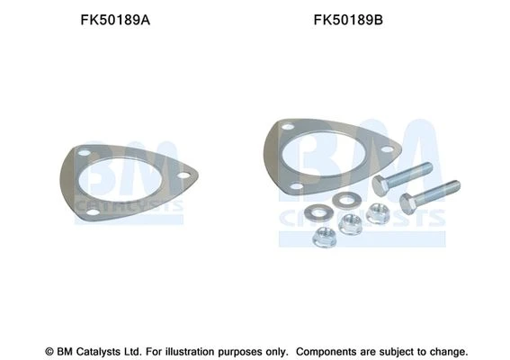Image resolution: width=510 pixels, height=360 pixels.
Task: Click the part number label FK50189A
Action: click(115, 20)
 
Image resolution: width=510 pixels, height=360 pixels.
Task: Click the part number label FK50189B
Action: click(348, 20)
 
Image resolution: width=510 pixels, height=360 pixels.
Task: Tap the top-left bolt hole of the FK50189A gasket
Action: click(84, 153)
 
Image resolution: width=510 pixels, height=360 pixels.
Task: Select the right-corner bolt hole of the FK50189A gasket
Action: click(183, 175)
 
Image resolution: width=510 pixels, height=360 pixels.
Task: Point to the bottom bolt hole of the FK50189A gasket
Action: click(94, 212)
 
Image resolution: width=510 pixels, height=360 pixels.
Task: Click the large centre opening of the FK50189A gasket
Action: click(120, 180)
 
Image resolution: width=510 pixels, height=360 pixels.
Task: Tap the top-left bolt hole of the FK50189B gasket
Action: click(288, 127)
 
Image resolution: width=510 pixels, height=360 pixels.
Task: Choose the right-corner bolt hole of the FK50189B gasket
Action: click(387, 149)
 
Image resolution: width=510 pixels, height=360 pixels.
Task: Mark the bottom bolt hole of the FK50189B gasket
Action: click(297, 186)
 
